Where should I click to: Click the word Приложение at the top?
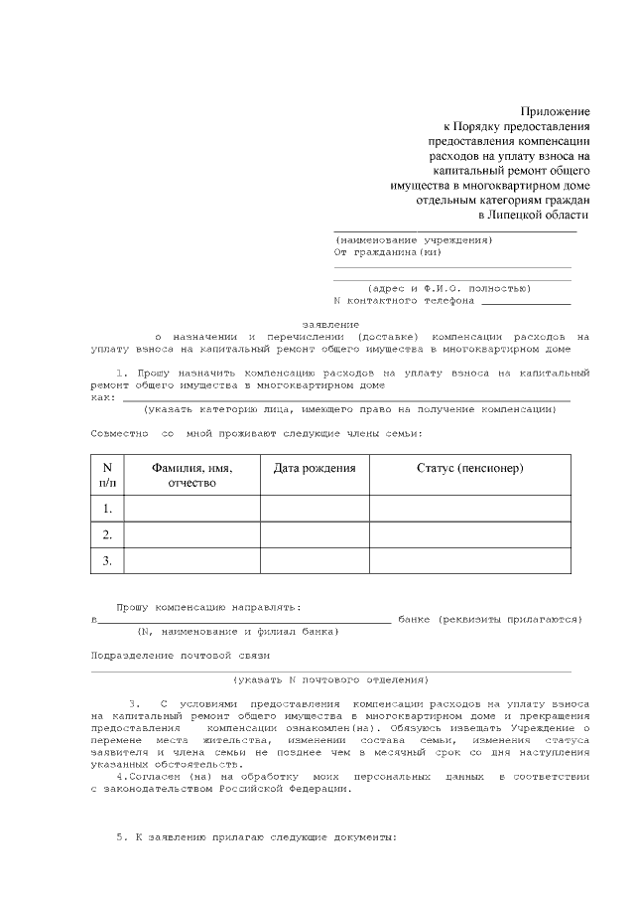556,111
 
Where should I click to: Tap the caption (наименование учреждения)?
413,240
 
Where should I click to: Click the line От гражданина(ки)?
381,252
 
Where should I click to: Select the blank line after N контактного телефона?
526,301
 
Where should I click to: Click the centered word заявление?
330,325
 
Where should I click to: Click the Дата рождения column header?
315,468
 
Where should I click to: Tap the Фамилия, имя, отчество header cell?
191,475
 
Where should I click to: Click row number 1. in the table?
107,509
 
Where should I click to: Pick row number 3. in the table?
107,561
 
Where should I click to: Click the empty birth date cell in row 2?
315,535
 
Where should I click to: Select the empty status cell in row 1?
470,509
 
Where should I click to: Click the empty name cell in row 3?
191,561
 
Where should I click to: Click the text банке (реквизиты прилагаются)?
489,619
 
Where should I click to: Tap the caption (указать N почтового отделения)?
330,680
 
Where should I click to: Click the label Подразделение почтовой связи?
181,656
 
